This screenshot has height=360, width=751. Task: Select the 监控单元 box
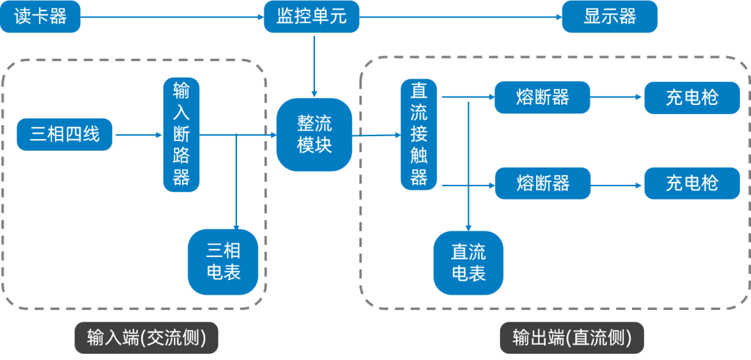click(x=312, y=17)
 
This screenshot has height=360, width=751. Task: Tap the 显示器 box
click(x=609, y=17)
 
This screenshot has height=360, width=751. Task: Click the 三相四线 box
click(x=65, y=135)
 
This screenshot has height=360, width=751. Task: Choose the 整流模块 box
click(x=314, y=134)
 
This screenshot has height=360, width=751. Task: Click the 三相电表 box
click(x=223, y=261)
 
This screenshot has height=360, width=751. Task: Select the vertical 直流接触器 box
click(x=419, y=134)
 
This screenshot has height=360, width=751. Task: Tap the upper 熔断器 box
click(x=542, y=97)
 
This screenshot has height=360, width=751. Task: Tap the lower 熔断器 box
click(x=542, y=183)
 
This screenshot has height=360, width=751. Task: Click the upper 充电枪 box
click(x=691, y=97)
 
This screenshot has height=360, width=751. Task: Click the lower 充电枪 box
click(x=691, y=183)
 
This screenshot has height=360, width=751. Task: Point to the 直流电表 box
click(x=468, y=263)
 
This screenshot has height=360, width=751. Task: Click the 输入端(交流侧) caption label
click(x=146, y=338)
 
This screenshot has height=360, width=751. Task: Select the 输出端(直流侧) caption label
click(x=572, y=338)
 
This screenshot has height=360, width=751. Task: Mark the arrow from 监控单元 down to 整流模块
click(x=314, y=66)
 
